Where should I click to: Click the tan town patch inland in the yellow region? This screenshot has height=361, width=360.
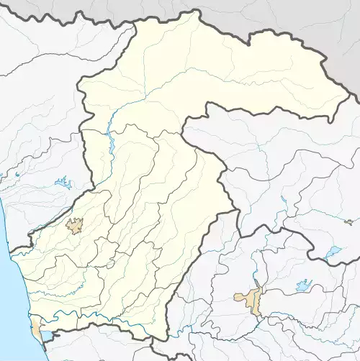74,226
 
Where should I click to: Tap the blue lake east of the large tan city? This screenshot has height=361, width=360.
304,285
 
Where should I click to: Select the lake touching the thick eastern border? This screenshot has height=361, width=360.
332,252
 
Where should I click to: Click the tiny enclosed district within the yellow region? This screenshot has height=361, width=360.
110,263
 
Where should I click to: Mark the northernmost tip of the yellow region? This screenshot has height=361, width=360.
195,10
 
